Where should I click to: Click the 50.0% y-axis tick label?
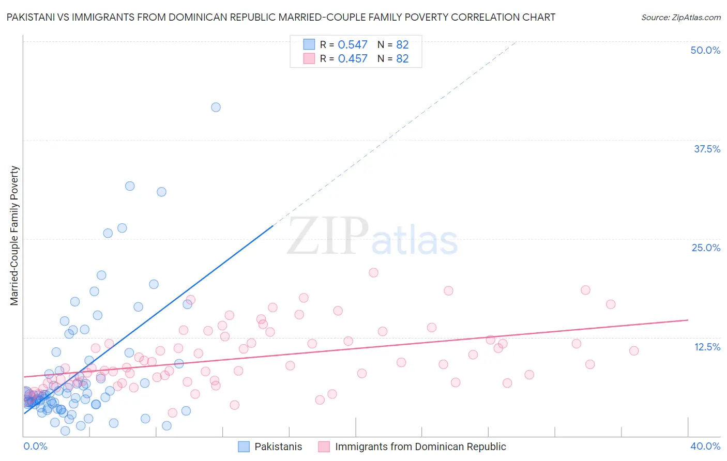coord(705,50)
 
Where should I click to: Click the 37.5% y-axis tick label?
coord(707,149)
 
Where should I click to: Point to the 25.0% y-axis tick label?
coord(706,248)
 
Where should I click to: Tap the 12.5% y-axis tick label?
coord(707,347)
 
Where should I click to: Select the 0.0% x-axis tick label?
coord(35,446)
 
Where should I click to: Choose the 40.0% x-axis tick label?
coord(705,446)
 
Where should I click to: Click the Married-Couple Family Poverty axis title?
coord(14,236)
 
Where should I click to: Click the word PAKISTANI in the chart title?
coord(33,17)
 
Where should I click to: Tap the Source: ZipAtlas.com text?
coord(680,17)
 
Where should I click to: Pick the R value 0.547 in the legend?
coord(353,44)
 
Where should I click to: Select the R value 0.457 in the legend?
coord(353,58)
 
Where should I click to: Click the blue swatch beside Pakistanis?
coord(244,447)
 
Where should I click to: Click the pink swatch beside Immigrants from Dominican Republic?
coord(324,447)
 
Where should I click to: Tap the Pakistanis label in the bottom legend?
coord(278,447)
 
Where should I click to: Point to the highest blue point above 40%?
coord(216,107)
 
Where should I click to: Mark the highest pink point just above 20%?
coord(373,272)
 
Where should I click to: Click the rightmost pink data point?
coord(634,350)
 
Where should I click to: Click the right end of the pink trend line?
coord(688,320)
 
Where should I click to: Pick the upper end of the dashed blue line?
coord(516,41)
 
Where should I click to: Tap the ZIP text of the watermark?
coord(328,236)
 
